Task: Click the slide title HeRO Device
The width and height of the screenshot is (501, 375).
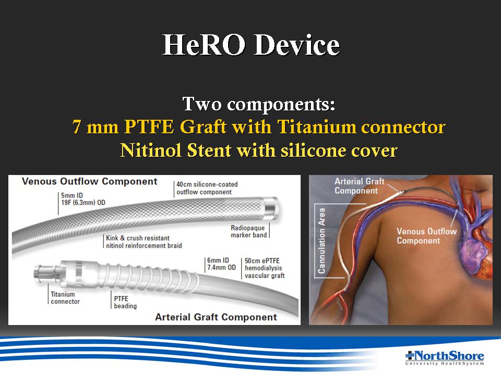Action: pos(251,45)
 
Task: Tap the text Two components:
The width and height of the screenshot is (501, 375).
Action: pos(259,104)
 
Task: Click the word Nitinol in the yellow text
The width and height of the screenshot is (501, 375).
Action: pos(151,150)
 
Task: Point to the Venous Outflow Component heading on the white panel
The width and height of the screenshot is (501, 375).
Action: pos(89,181)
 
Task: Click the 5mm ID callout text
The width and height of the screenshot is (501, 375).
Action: pos(72,195)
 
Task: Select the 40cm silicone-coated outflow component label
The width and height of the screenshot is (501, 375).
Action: pos(207,188)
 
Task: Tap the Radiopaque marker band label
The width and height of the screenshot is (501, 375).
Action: pos(248,231)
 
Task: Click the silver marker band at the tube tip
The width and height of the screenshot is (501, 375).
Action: pos(270,208)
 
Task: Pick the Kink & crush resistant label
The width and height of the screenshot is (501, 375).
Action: pos(138,238)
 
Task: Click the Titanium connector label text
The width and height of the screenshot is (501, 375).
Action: pos(65,298)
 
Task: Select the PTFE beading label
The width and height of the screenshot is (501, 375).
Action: pos(125,302)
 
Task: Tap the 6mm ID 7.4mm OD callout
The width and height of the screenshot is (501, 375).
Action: pos(221,264)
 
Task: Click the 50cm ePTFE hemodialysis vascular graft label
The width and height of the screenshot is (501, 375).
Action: pos(265,268)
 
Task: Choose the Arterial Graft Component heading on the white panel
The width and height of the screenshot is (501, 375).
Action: pos(216,317)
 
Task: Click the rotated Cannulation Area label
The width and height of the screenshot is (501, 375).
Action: pos(321,241)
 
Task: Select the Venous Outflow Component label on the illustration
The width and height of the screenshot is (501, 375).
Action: pos(426,236)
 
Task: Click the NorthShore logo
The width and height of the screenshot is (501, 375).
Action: pos(445,358)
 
